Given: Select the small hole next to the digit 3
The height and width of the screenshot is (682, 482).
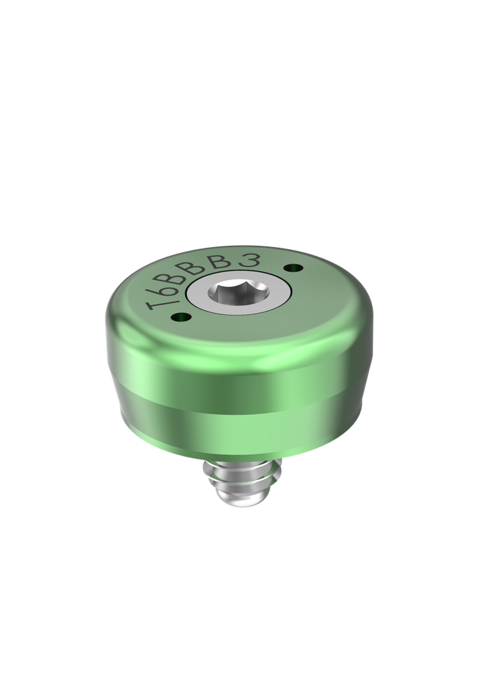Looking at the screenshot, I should point(290,268).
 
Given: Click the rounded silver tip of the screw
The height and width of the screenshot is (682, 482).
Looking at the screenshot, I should point(240,506).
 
